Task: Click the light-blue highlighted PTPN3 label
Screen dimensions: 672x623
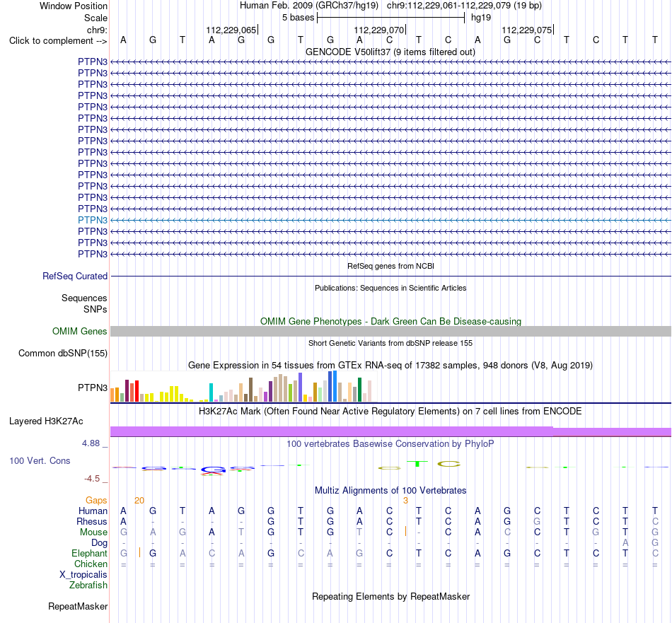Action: click(93, 220)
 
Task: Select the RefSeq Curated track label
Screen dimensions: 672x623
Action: click(75, 276)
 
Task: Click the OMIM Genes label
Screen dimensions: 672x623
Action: click(80, 331)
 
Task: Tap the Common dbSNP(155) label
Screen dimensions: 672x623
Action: click(63, 353)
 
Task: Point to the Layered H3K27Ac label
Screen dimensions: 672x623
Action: click(46, 421)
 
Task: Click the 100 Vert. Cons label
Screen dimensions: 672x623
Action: click(40, 460)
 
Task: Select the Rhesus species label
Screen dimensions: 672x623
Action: click(92, 521)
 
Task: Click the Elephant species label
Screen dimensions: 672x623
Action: click(90, 553)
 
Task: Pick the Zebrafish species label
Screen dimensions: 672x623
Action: click(88, 585)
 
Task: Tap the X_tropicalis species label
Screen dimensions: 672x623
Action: click(83, 575)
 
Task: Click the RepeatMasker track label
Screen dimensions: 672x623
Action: click(78, 606)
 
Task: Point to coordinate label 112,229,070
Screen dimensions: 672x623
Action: click(379, 30)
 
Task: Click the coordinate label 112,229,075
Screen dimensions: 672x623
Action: click(527, 30)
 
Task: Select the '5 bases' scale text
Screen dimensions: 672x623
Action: click(299, 18)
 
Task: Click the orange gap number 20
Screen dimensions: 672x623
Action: click(139, 500)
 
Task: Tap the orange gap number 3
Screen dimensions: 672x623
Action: click(405, 500)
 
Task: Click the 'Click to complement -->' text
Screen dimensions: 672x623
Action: click(58, 41)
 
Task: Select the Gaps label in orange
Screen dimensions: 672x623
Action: click(96, 500)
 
